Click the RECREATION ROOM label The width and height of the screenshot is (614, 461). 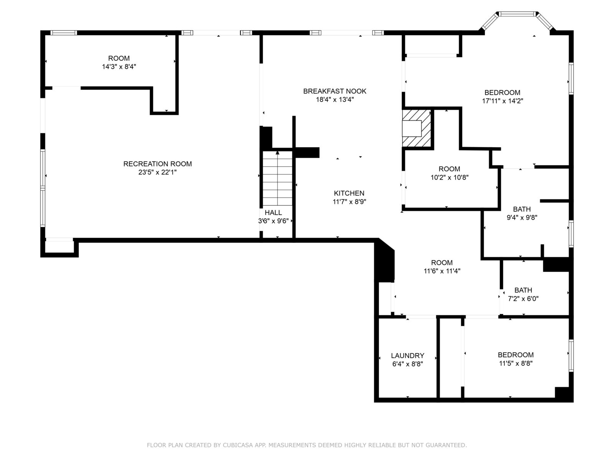click(x=157, y=164)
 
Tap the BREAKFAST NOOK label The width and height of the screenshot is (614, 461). click(x=335, y=91)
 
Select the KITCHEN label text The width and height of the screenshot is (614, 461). click(x=349, y=193)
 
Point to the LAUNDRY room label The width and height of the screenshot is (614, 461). click(x=408, y=355)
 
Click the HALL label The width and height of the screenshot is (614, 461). click(x=273, y=212)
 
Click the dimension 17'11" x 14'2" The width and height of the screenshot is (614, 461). click(x=502, y=101)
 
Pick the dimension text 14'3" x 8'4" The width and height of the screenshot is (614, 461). click(x=119, y=66)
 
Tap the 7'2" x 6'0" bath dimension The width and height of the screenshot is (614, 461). click(x=523, y=298)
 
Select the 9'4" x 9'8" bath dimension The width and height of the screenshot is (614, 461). click(x=522, y=217)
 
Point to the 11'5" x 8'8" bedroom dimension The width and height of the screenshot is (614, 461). click(x=516, y=363)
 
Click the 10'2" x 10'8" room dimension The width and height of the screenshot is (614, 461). click(x=449, y=177)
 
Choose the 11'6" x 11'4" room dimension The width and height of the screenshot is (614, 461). click(x=442, y=271)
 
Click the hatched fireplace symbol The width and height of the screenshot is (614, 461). click(x=416, y=128)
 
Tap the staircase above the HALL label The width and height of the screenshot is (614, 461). click(x=277, y=178)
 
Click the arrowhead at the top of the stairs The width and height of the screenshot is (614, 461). click(x=277, y=153)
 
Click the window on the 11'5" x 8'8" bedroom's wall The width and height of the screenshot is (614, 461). click(x=571, y=355)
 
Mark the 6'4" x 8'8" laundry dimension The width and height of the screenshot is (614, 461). click(x=408, y=364)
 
